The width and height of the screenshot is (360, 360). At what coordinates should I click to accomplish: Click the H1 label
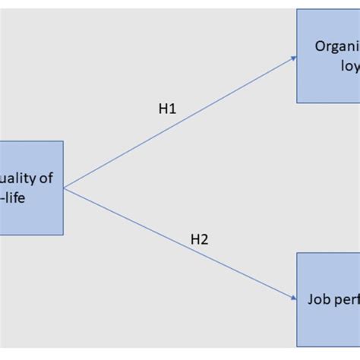(x=167, y=109)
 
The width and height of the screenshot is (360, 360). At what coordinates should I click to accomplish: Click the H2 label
(x=199, y=240)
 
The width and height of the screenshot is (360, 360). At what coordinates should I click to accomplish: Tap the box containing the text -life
(x=30, y=188)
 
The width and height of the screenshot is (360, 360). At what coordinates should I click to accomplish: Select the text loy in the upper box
(x=349, y=66)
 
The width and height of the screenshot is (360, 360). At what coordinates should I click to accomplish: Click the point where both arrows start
(x=64, y=188)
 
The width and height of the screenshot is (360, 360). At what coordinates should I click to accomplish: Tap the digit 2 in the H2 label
(x=204, y=240)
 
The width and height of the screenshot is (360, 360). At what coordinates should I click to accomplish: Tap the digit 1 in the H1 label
(x=172, y=109)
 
